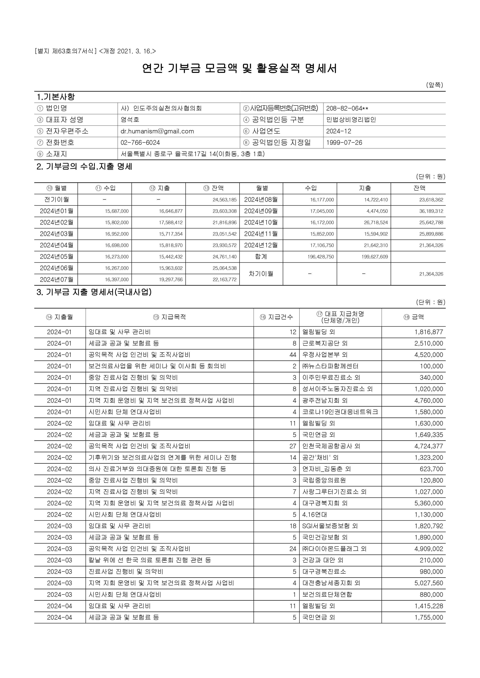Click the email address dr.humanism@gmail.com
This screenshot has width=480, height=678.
(x=157, y=131)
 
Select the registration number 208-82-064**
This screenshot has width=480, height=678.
(x=347, y=108)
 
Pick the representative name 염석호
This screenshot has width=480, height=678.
(x=130, y=120)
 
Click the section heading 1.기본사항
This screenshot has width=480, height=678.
(x=56, y=97)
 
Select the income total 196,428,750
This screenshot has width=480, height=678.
(x=321, y=257)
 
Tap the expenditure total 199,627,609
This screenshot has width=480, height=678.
(x=375, y=257)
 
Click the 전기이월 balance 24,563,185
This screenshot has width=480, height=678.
(x=225, y=200)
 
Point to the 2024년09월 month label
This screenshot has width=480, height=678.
(x=261, y=211)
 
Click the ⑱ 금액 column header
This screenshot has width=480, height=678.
(x=413, y=317)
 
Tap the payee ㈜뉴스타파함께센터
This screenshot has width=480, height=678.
(x=330, y=366)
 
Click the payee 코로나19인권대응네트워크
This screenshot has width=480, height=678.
(x=340, y=412)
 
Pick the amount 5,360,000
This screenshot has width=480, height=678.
(x=429, y=503)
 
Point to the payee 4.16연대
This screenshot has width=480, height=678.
(x=314, y=515)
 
